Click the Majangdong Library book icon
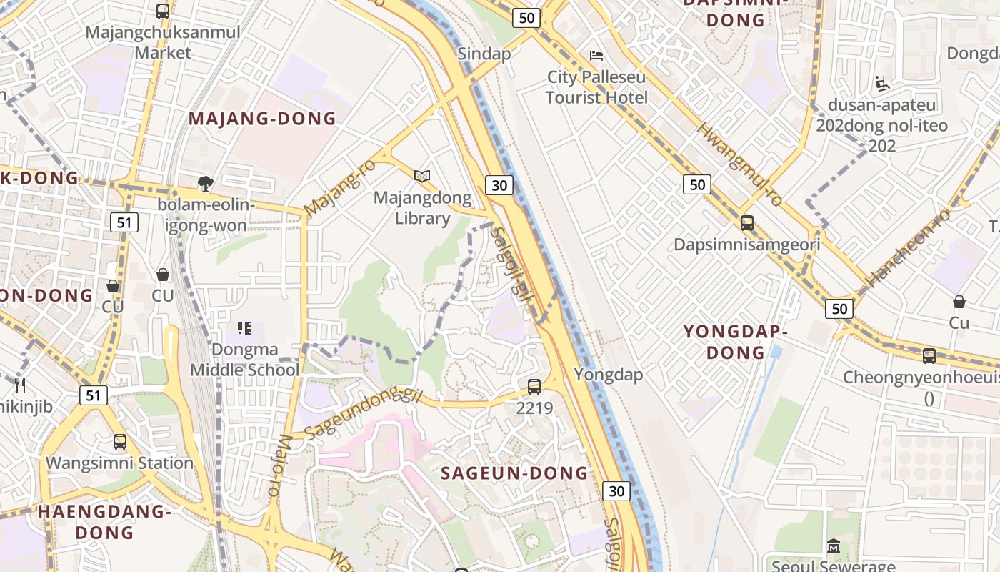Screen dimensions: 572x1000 (422, 175)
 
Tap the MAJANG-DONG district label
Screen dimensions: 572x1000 (262, 119)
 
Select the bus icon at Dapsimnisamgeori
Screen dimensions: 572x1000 (746, 222)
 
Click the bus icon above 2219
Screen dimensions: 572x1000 (534, 387)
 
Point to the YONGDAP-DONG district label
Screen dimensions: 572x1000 (735, 342)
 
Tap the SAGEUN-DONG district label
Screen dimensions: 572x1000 (514, 473)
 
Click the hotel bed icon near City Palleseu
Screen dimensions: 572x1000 (596, 55)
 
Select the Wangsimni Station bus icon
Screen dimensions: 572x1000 (119, 441)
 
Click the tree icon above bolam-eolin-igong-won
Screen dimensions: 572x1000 (206, 183)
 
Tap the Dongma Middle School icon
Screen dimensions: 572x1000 (244, 328)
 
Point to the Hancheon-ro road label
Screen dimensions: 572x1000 (908, 247)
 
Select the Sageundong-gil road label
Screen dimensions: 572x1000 (364, 414)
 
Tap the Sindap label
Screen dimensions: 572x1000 (484, 54)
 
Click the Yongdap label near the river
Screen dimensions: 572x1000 (608, 375)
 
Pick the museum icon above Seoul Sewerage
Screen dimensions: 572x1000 (833, 546)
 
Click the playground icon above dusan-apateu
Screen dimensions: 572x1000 (882, 84)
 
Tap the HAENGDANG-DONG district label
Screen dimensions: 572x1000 (104, 522)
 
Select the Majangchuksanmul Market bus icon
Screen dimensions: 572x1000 (163, 11)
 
